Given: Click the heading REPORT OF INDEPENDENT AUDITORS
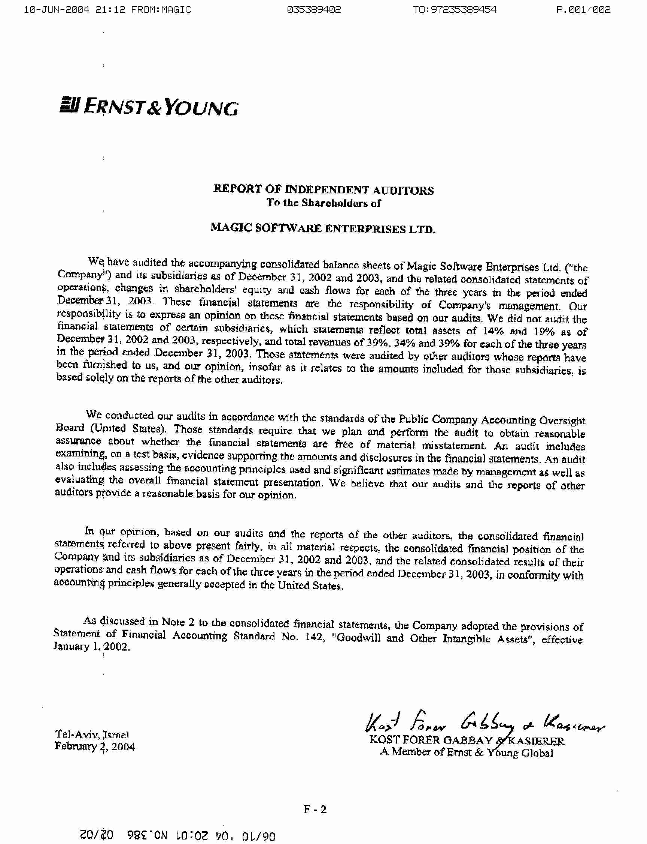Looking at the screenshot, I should pos(323,190).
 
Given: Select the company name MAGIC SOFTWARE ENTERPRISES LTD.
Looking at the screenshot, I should pos(323,229).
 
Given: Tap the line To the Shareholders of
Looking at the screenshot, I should pos(323,203).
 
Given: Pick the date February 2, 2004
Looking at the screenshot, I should pos(95,747).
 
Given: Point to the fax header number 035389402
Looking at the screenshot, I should pos(314,10).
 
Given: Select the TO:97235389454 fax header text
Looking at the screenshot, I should pos(455,10).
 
